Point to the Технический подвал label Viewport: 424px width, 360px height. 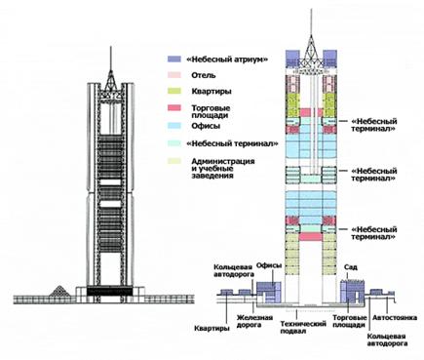[x=303, y=325]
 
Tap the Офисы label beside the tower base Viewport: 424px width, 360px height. [x=269, y=262]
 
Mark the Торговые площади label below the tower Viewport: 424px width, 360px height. [x=348, y=323]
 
